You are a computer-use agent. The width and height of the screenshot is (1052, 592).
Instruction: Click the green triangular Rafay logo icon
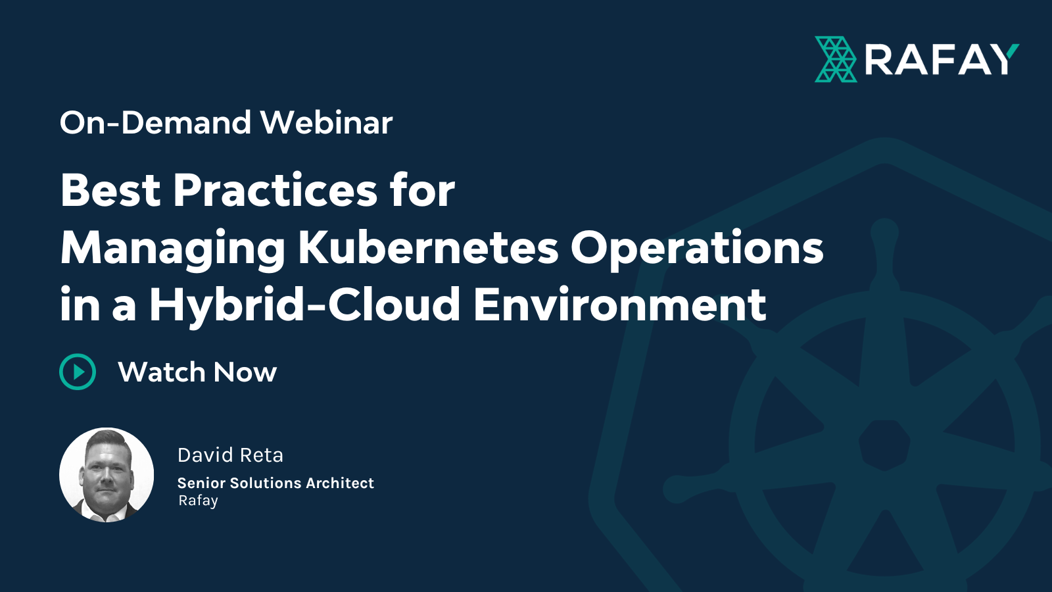(836, 59)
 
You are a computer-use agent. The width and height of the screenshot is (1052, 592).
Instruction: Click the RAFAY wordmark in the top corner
(941, 60)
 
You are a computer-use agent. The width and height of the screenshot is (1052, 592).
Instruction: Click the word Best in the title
(110, 190)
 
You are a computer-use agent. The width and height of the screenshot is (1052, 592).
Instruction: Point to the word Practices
(275, 190)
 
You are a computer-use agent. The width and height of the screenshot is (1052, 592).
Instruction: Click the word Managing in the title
(172, 249)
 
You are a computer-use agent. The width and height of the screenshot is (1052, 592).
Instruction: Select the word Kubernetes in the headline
(428, 248)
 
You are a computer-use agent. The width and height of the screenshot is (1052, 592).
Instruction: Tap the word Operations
(696, 248)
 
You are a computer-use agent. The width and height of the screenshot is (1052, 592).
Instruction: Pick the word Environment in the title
(619, 305)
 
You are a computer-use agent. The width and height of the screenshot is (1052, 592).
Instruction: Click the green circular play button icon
(78, 372)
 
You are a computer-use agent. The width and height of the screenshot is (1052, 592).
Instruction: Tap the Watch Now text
(197, 372)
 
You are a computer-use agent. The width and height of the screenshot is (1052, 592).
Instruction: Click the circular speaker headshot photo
(107, 475)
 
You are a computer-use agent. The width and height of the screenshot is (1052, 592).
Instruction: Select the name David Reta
(230, 455)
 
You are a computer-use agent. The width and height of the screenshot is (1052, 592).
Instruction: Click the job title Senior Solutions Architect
(275, 483)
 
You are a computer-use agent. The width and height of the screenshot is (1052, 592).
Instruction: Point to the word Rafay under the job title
(198, 501)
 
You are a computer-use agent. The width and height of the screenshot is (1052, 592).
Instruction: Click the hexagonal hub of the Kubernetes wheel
(884, 445)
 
